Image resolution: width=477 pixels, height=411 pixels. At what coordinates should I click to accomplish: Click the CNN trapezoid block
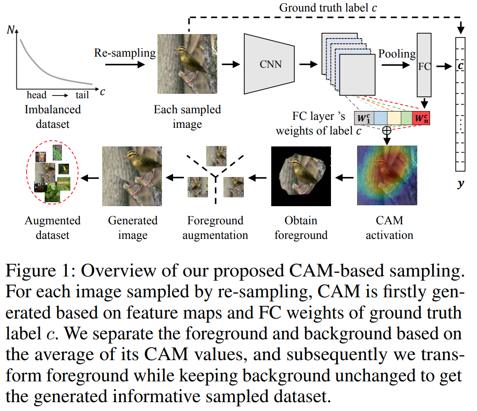click(269, 64)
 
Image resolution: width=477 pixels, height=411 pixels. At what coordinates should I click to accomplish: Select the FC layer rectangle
click(424, 66)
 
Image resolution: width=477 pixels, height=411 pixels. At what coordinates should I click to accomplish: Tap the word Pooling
click(397, 54)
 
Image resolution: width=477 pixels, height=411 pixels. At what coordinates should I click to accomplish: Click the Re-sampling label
click(125, 53)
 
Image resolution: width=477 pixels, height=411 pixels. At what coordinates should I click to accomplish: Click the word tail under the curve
click(82, 95)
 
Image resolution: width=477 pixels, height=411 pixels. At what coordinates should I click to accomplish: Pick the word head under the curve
click(36, 95)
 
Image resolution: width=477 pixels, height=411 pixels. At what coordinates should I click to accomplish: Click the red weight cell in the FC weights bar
click(420, 118)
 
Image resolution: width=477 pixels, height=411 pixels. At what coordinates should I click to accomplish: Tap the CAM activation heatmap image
click(387, 176)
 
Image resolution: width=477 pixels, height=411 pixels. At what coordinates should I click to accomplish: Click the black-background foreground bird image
click(301, 176)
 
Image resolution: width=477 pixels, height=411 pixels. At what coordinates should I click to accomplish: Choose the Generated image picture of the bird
click(132, 176)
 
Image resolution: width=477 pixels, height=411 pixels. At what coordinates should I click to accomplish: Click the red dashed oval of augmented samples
click(53, 173)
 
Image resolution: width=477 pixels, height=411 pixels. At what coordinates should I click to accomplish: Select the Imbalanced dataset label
click(53, 116)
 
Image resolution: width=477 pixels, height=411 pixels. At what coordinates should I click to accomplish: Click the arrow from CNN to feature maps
click(308, 65)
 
